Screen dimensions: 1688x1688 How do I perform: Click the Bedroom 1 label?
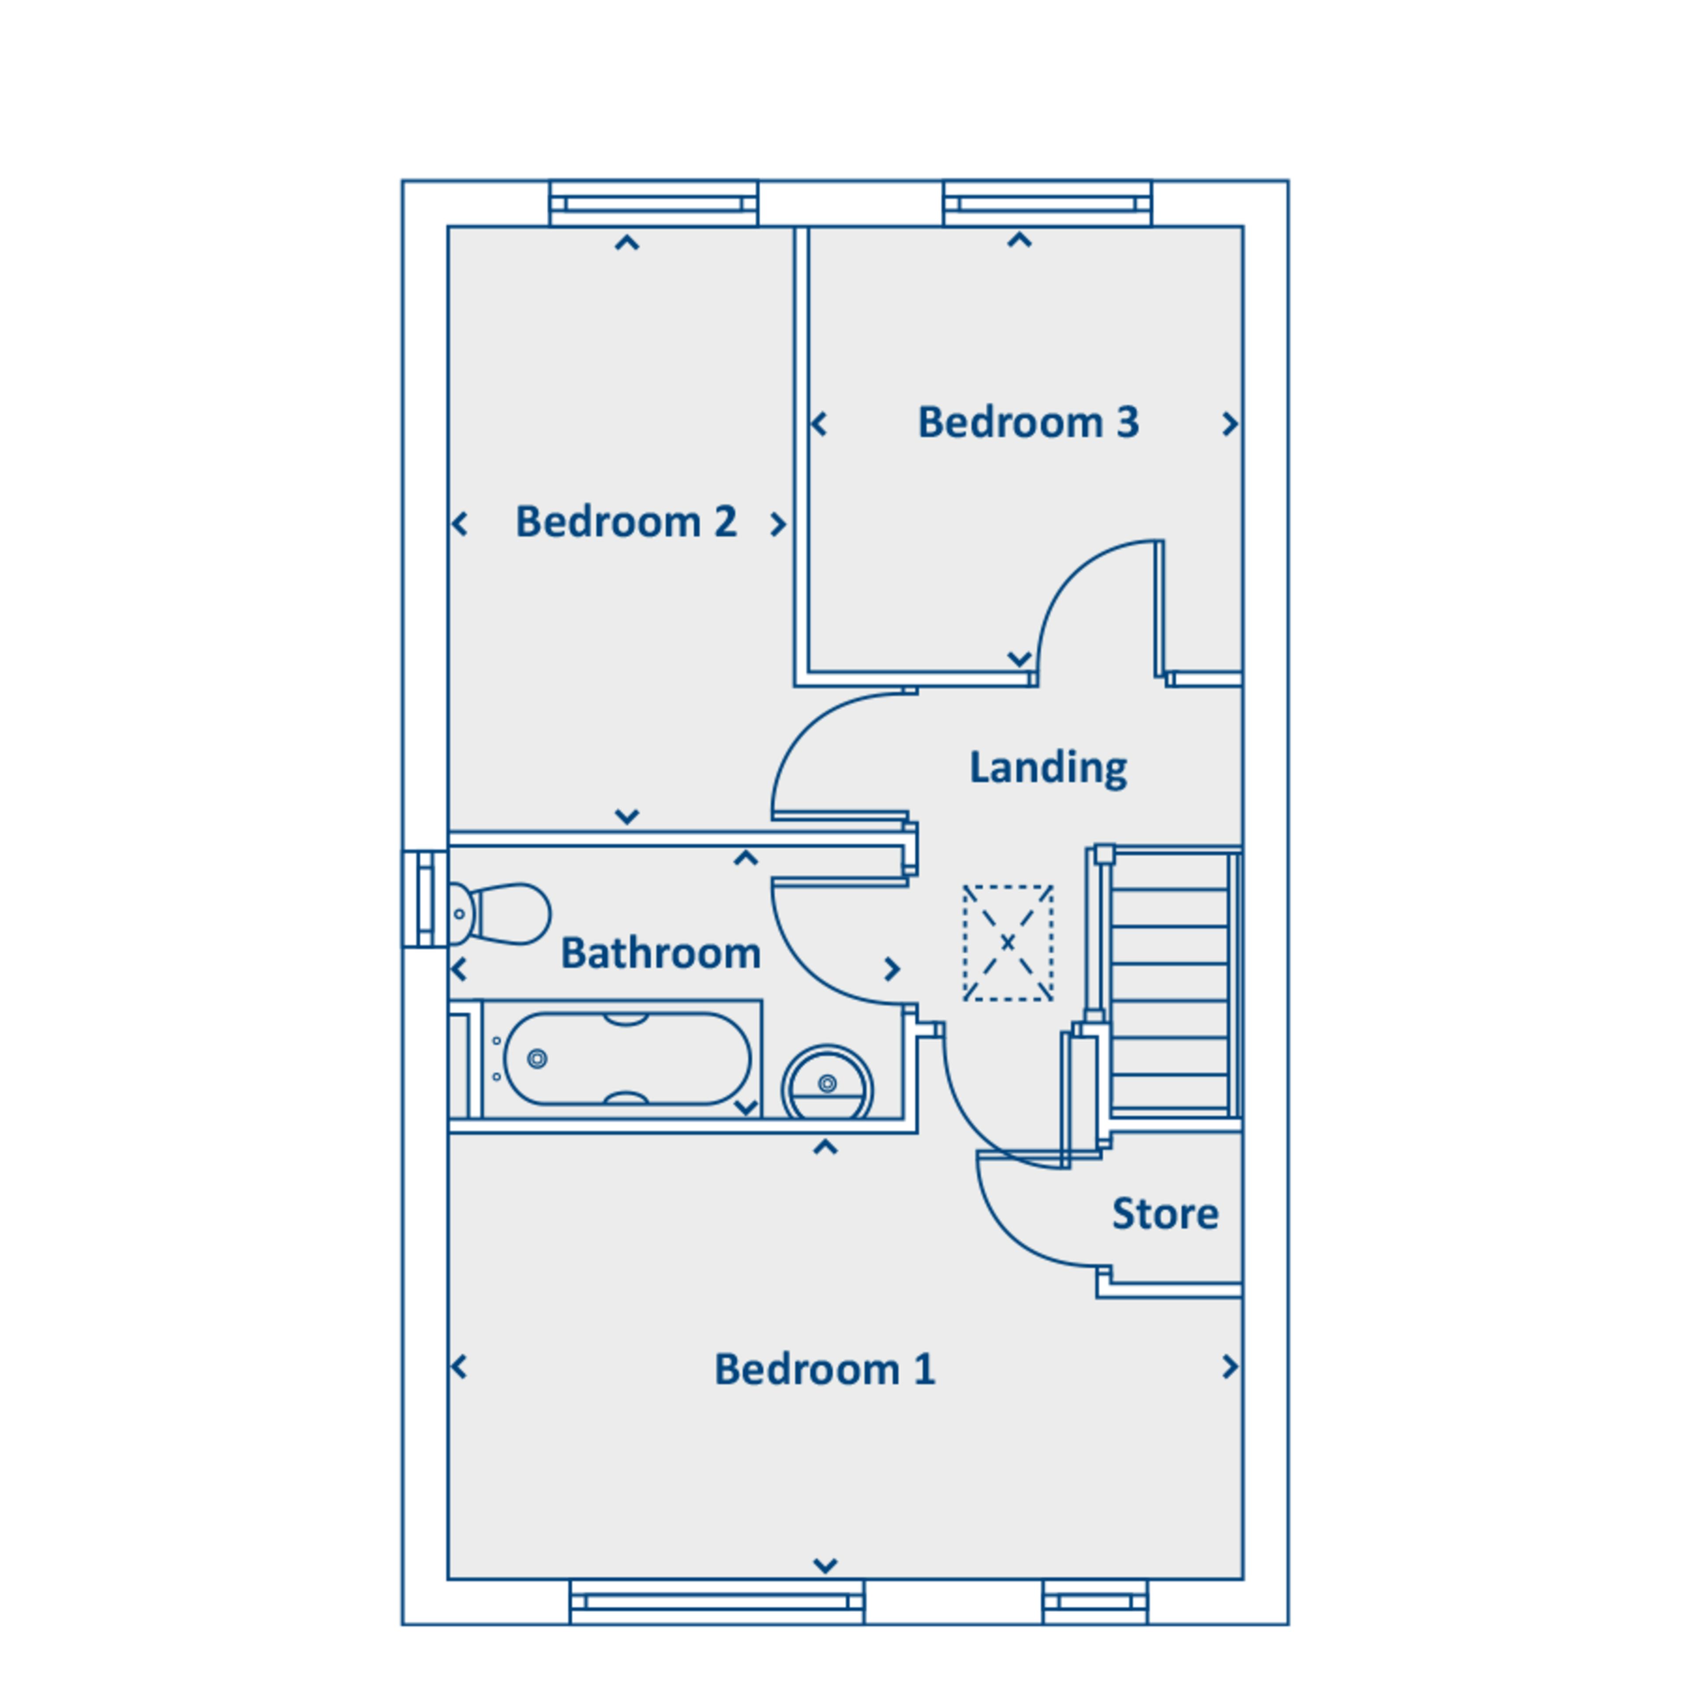click(x=825, y=1369)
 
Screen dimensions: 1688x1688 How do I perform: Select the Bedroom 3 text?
click(x=1028, y=423)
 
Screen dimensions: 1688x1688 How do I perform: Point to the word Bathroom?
click(x=661, y=952)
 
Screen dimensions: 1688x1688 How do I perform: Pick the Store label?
click(x=1164, y=1214)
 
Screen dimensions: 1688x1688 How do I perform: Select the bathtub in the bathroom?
click(x=622, y=1059)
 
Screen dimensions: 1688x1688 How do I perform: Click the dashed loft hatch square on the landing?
click(x=1008, y=943)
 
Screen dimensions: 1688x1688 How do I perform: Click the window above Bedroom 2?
click(x=654, y=204)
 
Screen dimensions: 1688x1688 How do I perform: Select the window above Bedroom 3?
click(x=1048, y=204)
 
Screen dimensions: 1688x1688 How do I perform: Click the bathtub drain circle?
click(x=537, y=1059)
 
